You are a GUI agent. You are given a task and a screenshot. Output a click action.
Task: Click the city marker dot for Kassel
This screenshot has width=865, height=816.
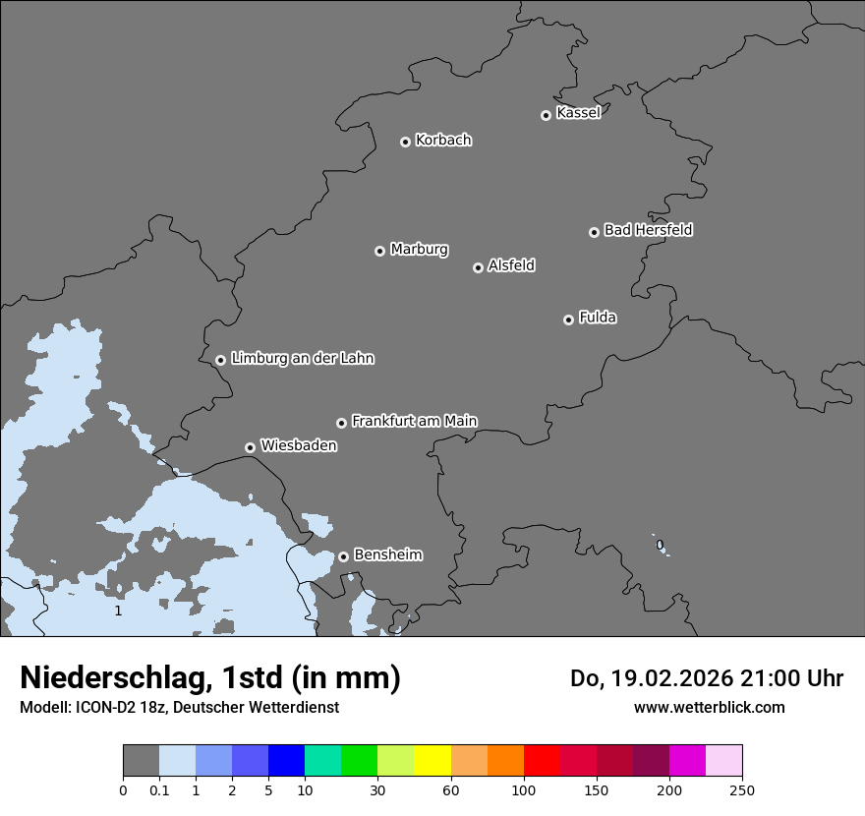pos(546,115)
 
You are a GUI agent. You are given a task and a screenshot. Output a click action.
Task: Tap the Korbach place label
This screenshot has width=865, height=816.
pos(443,141)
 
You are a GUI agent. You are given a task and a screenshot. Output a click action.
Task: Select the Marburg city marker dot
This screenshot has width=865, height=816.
pos(379,251)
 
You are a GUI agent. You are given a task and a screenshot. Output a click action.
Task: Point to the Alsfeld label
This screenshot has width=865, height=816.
pos(511,265)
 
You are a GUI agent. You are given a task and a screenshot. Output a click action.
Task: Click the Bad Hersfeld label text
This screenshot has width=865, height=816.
pos(648,230)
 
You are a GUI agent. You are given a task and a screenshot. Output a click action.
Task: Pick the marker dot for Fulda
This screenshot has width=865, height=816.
pos(568,320)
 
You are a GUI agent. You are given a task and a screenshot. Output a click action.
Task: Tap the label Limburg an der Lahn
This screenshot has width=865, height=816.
pos(302,359)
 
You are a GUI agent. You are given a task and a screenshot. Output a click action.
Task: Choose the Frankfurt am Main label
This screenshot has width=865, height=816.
pos(414,421)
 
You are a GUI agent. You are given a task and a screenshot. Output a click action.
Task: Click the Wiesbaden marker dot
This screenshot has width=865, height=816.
pos(250,447)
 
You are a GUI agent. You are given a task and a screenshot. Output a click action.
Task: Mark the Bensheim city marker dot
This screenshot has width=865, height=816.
pos(343,556)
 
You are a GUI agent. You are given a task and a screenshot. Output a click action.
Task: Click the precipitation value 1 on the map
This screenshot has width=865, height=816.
pos(118,611)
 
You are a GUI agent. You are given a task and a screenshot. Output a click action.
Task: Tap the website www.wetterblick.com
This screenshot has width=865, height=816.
pos(709,707)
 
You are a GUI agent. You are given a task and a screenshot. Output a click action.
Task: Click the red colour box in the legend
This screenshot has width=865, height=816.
pos(542,761)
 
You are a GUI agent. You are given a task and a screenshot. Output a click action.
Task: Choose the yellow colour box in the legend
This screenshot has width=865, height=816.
pos(432,761)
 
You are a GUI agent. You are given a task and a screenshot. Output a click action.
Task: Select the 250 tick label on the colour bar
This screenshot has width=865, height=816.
pos(742,789)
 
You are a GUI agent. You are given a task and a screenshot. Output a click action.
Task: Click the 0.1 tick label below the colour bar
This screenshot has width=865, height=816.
pos(159,789)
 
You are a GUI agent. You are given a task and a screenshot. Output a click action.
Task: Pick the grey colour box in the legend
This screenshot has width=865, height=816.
pos(141,761)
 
